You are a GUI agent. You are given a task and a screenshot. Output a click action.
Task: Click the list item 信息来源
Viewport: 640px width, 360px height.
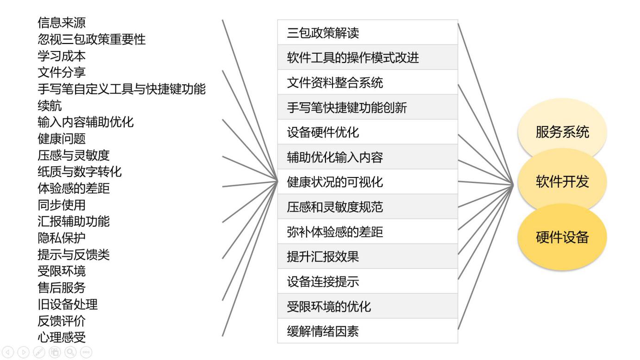pyautogui.click(x=62, y=23)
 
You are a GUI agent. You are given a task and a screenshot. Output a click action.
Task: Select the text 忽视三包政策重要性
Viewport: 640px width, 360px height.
pyautogui.click(x=92, y=39)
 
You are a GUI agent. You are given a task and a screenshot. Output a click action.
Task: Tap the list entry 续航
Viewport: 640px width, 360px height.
pyautogui.click(x=50, y=106)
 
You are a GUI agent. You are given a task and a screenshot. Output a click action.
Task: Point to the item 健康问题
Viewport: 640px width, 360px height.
pyautogui.click(x=62, y=139)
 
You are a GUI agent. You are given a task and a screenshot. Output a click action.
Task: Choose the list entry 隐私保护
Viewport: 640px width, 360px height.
pyautogui.click(x=62, y=238)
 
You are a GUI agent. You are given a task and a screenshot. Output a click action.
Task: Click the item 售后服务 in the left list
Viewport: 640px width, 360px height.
pyautogui.click(x=62, y=288)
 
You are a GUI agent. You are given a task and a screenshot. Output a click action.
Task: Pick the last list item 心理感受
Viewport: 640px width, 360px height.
pyautogui.click(x=62, y=337)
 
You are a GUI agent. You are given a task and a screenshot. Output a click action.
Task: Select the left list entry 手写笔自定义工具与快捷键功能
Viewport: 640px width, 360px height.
pyautogui.click(x=122, y=89)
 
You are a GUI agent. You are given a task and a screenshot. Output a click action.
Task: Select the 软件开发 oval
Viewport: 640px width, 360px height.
pyautogui.click(x=562, y=182)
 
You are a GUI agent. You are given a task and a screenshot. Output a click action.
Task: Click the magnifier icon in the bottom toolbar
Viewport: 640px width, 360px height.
pyautogui.click(x=70, y=352)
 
